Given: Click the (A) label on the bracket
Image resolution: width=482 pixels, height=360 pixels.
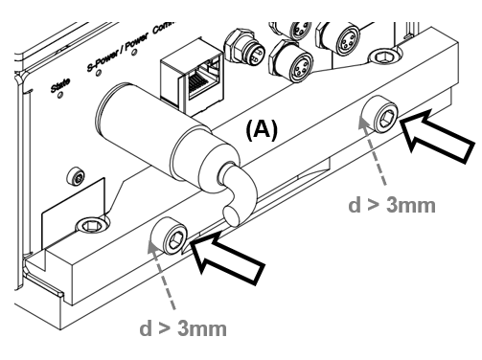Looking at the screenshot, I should click(x=261, y=131).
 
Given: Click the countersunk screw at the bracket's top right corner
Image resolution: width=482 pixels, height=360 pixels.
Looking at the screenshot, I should click(x=387, y=57).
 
